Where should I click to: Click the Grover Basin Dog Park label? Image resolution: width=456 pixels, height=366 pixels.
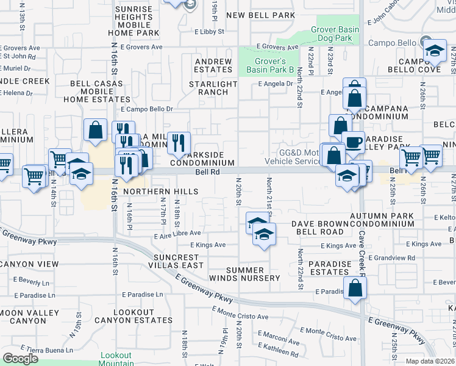332,33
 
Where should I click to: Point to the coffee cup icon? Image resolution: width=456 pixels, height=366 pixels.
352,143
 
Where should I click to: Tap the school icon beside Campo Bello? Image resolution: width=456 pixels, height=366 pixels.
435,51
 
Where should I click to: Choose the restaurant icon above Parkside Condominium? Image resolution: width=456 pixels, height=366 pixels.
178,143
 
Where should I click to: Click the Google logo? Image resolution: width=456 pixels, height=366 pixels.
20,359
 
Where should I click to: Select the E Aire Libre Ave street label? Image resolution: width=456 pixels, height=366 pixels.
178,233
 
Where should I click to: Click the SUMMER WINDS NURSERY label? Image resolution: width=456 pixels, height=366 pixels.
253,274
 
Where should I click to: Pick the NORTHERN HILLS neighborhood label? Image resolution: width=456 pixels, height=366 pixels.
161,192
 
